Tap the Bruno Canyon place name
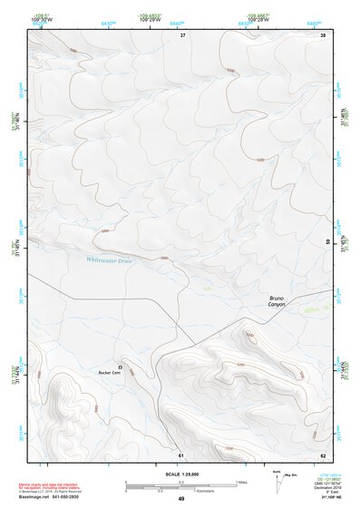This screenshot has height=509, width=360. point(277,301)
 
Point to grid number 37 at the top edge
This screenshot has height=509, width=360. point(182,35)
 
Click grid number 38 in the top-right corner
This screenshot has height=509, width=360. point(323,35)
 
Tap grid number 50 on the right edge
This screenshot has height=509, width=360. point(327,241)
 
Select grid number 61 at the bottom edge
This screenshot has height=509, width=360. point(180,455)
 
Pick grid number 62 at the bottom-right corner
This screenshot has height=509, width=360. point(323,455)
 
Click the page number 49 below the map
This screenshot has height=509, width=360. point(180,499)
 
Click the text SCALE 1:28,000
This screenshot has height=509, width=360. point(180,474)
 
